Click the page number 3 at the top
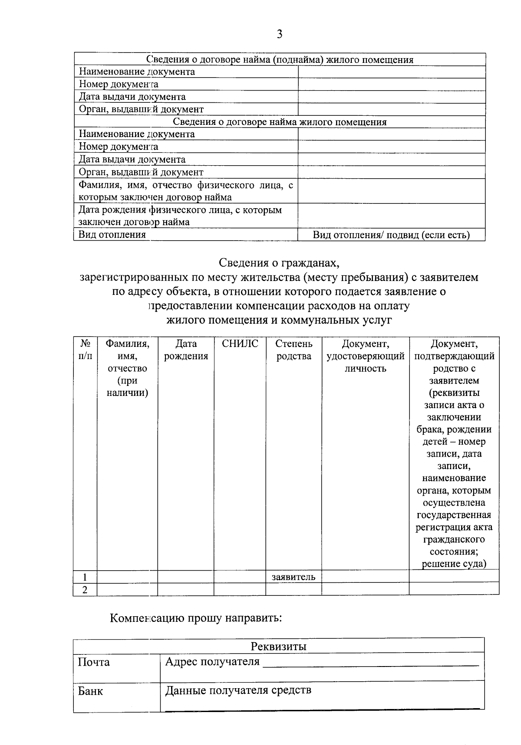(279, 34)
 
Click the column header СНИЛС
(240, 344)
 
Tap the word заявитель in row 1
(293, 577)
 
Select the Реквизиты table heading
(279, 646)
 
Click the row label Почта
(94, 662)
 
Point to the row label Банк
(90, 691)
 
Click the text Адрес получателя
(212, 662)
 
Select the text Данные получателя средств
(238, 690)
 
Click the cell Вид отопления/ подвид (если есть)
(391, 235)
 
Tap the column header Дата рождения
(186, 350)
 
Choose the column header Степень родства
(293, 350)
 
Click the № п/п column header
(85, 350)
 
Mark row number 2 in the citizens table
(85, 590)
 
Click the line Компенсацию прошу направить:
(196, 618)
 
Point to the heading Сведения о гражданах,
(279, 263)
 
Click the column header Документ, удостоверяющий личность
(365, 356)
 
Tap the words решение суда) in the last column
(454, 564)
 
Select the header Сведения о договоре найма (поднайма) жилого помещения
(279, 60)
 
